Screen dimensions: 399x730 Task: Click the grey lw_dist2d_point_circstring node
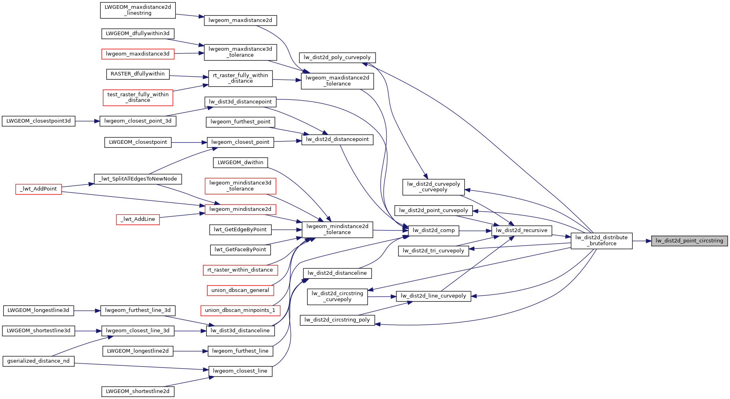click(x=689, y=241)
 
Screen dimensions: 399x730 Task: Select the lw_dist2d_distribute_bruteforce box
click(x=601, y=240)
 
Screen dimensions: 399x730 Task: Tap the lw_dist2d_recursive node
click(x=521, y=230)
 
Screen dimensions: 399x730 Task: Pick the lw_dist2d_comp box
click(x=434, y=230)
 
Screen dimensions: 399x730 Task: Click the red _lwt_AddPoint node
click(x=38, y=189)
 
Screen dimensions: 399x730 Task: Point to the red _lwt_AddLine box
click(x=138, y=219)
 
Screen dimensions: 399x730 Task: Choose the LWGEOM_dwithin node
click(x=240, y=163)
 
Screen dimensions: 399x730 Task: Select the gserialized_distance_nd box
click(x=38, y=361)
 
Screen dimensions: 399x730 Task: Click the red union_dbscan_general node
click(x=240, y=290)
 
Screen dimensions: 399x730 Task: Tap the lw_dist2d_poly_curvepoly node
click(x=337, y=58)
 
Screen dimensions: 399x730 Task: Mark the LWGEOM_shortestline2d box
click(x=138, y=391)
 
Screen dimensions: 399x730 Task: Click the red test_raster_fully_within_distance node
click(x=138, y=97)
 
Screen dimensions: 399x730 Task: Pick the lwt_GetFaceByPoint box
click(x=240, y=250)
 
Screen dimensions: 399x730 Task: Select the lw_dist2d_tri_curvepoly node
click(x=434, y=251)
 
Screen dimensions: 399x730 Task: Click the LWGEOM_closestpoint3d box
click(x=38, y=121)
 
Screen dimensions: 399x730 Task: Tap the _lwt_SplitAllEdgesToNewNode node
click(x=138, y=179)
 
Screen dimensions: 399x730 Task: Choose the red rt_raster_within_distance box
click(x=240, y=270)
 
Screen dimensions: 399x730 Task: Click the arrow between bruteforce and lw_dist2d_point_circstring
click(x=642, y=241)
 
